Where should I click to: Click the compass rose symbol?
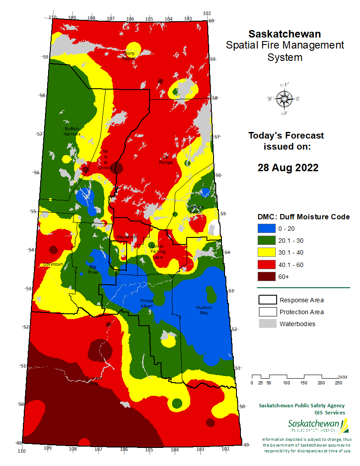[284, 99]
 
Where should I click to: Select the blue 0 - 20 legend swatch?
[266, 229]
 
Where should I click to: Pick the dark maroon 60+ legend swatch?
[266, 277]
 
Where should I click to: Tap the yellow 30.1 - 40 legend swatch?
[266, 252]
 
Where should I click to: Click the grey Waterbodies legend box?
[266, 324]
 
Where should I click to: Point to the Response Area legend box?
[266, 300]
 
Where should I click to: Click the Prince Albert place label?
[146, 303]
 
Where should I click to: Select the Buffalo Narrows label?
[72, 131]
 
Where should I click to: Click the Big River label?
[93, 270]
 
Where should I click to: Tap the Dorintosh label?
[53, 264]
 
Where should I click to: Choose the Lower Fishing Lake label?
[157, 251]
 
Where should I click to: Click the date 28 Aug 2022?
[288, 168]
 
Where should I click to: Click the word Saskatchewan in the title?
[285, 34]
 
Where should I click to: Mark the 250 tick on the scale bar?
[339, 383]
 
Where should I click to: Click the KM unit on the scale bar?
[344, 376]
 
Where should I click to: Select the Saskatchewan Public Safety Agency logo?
[318, 426]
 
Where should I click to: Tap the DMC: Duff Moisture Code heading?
[304, 217]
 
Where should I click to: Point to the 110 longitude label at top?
[53, 18]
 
